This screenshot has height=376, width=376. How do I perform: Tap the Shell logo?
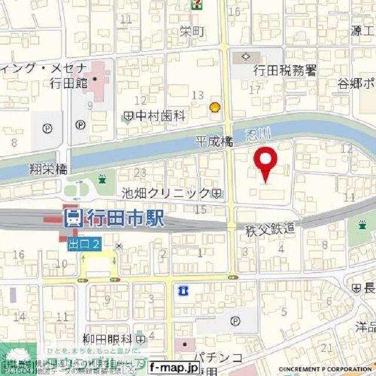pyautogui.click(x=215, y=107)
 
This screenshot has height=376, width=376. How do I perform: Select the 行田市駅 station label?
pyautogui.click(x=125, y=220)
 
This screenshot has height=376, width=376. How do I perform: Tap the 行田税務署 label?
pyautogui.click(x=285, y=71)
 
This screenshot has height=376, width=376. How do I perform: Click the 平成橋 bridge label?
pyautogui.click(x=214, y=142)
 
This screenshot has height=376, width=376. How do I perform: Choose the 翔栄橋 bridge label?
pyautogui.click(x=48, y=169)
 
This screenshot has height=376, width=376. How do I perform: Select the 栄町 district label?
pyautogui.click(x=193, y=32)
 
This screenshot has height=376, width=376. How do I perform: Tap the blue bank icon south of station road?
pyautogui.click(x=182, y=290)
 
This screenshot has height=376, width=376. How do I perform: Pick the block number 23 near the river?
pyautogui.click(x=140, y=173)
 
